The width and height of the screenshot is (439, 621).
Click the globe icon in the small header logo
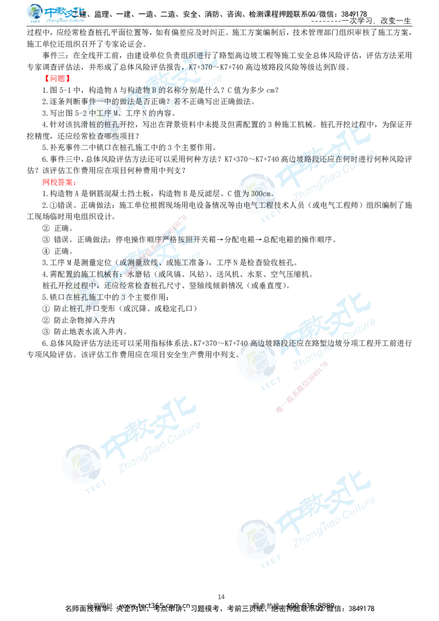coord(35,13)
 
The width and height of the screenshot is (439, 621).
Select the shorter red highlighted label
coord(57,78)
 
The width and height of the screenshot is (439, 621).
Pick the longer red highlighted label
coord(58,182)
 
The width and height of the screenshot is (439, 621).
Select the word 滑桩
coord(88,125)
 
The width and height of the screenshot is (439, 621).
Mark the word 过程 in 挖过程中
coord(83,285)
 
